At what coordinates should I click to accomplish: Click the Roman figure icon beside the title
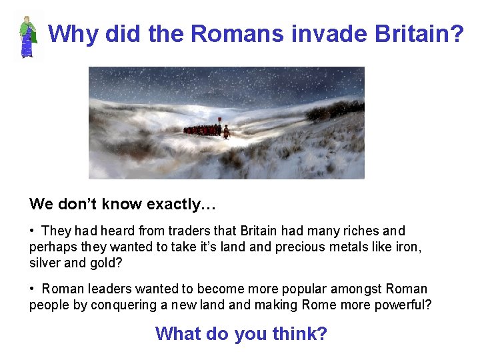coord(27,37)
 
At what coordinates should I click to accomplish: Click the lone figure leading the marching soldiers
coord(226,131)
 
